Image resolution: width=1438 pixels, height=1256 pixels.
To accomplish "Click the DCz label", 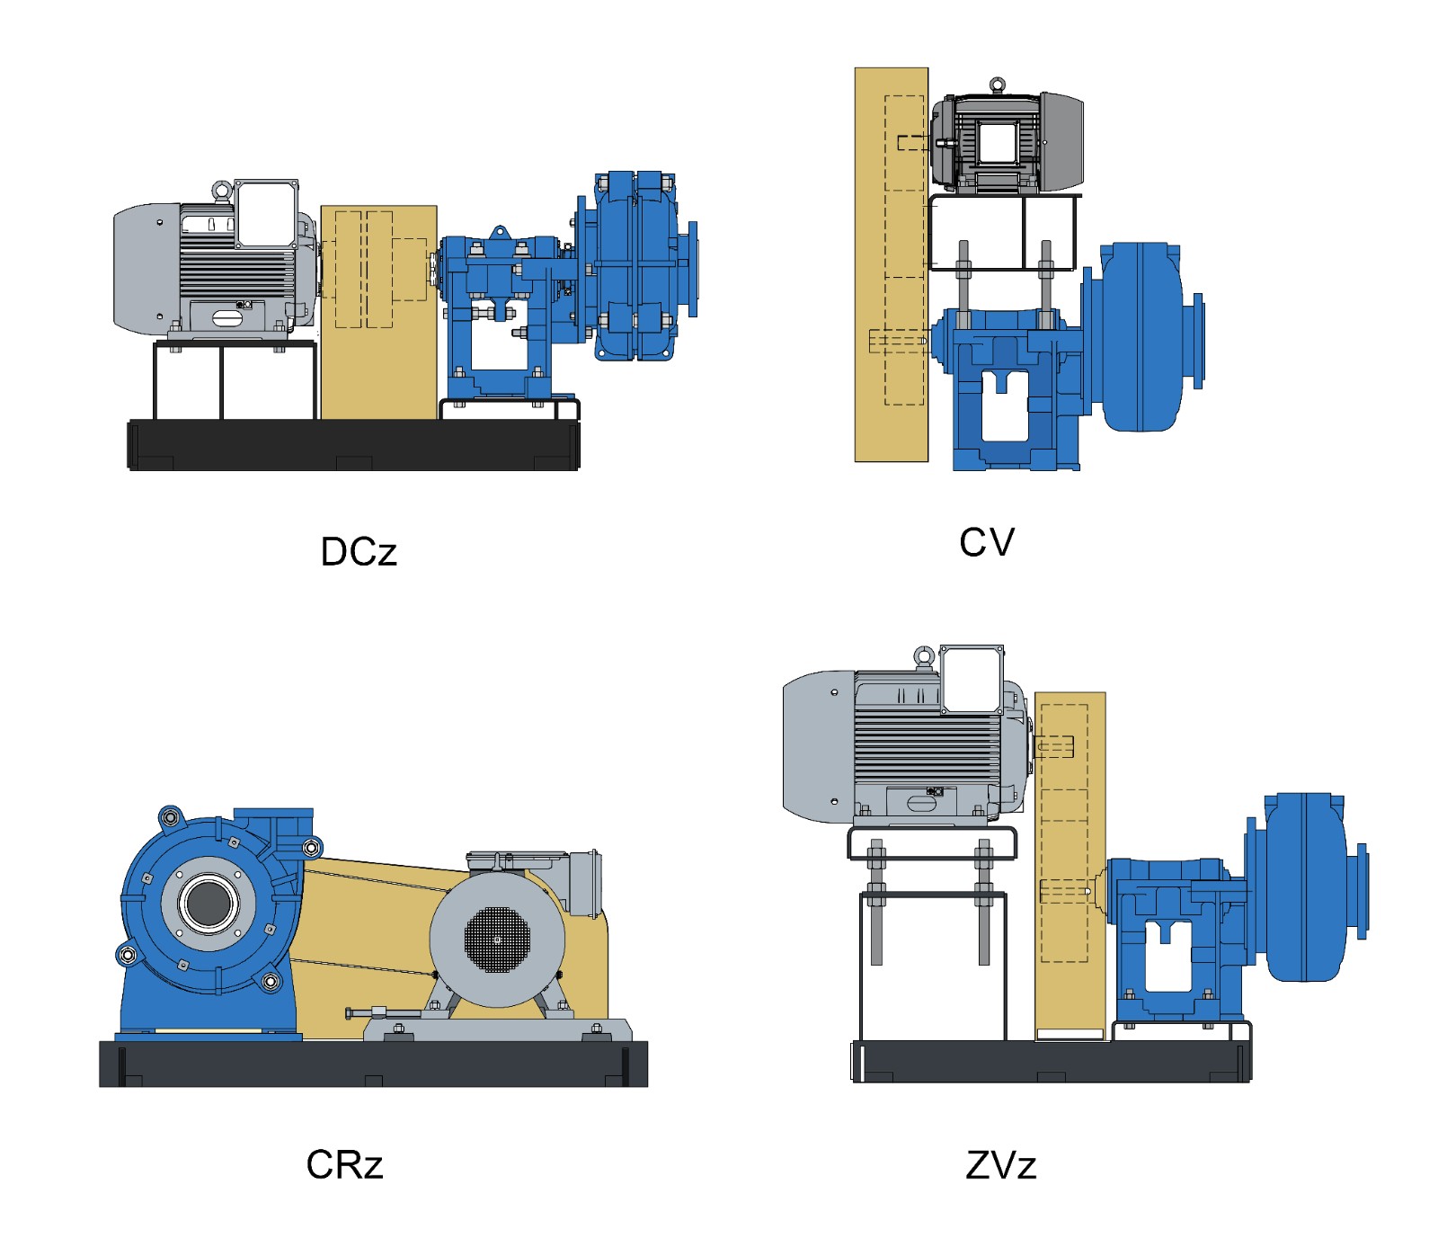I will (x=358, y=552).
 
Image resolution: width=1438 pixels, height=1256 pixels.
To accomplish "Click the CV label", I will (x=986, y=542).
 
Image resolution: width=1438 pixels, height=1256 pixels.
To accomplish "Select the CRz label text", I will (x=344, y=1164).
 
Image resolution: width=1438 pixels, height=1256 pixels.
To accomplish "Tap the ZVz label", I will (x=1000, y=1165).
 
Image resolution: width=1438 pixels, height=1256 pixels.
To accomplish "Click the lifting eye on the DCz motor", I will (x=221, y=190).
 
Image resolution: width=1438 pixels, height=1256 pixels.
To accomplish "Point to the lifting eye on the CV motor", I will (x=997, y=85).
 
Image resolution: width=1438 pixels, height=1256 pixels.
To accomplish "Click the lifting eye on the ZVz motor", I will (x=924, y=656).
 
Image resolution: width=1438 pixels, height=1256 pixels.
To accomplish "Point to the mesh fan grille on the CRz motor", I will (x=497, y=940).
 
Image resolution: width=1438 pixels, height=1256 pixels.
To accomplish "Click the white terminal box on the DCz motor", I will (x=266, y=214).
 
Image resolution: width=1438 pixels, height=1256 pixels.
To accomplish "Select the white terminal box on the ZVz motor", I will (x=972, y=680).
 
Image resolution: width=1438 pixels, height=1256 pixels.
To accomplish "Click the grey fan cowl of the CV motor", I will (x=1062, y=142).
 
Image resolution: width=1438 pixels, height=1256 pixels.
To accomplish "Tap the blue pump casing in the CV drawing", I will (x=1141, y=337).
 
